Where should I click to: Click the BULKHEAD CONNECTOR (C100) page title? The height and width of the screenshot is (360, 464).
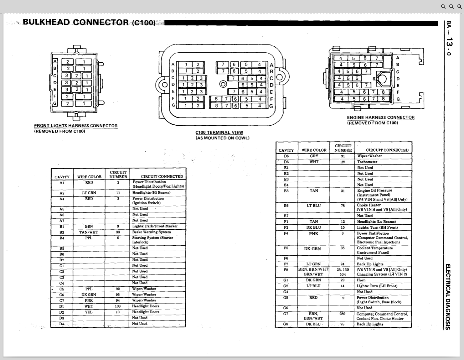[x=89, y=23]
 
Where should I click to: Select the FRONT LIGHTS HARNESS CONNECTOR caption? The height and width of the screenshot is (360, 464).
[x=76, y=126]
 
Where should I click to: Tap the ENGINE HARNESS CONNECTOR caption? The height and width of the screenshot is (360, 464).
[x=380, y=117]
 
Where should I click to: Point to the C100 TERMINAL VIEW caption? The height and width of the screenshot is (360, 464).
[x=219, y=133]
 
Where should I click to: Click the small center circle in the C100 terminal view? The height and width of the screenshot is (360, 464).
[x=223, y=84]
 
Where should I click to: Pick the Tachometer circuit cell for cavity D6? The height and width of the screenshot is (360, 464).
[x=367, y=162]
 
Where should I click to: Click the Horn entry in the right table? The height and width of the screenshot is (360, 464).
[x=361, y=280]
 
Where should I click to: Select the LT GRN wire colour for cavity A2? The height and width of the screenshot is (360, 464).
[x=89, y=193]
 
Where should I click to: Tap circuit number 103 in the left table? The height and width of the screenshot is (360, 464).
[x=118, y=306]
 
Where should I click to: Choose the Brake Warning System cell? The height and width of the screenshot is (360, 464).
[x=152, y=232]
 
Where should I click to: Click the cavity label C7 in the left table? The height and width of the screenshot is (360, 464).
[x=62, y=301]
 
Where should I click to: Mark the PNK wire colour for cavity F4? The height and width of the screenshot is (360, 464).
[x=313, y=234]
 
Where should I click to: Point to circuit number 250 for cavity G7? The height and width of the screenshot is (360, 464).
[x=342, y=314]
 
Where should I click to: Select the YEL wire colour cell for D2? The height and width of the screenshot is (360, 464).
[x=89, y=312]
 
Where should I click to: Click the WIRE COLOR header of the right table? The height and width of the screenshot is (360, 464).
[x=314, y=150]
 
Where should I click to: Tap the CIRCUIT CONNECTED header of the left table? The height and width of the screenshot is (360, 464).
[x=162, y=177]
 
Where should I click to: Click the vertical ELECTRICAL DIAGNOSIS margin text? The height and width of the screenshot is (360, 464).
[x=448, y=296]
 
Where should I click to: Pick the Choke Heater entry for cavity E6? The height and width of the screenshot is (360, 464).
[x=369, y=205]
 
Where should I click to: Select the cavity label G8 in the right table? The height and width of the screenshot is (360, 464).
[x=286, y=324]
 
